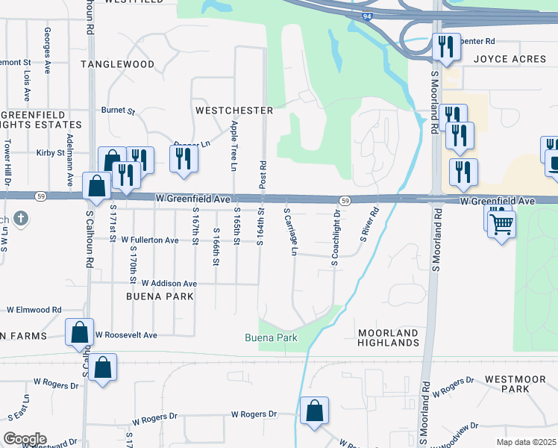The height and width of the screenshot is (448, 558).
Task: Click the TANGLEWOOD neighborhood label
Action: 122,65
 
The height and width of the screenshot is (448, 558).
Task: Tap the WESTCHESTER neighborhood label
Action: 234,110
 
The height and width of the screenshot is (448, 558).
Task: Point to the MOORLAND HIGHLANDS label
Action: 388,337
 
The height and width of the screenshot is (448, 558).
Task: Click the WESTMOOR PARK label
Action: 516,384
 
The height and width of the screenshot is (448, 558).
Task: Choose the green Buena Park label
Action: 272,337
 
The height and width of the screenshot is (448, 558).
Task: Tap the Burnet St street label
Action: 118,111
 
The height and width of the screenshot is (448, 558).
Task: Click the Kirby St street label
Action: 51,152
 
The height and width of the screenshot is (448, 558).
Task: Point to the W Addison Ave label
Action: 169,284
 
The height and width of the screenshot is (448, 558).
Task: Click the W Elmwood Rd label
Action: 34,309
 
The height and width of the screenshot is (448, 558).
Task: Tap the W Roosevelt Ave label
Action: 126,335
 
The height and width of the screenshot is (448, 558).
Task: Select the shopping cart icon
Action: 501,223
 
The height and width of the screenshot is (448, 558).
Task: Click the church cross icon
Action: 22,219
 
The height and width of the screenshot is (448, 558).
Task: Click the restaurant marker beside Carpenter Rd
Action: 445,47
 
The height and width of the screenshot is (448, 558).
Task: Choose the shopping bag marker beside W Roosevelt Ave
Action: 80,333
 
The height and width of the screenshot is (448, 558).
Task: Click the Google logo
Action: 25,439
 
